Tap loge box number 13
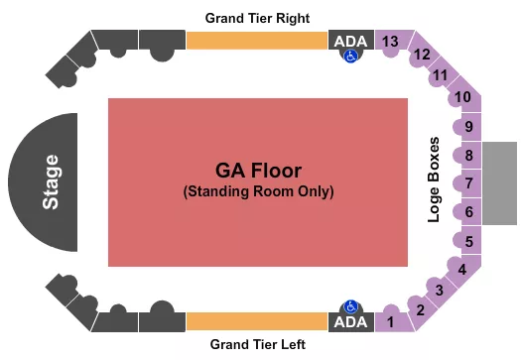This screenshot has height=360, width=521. [x=391, y=41]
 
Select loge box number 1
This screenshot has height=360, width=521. [x=391, y=321]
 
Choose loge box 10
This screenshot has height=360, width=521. [x=462, y=97]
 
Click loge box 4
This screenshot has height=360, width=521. [x=460, y=268]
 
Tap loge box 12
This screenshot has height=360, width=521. [x=422, y=55]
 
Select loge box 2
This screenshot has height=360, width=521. [x=420, y=310]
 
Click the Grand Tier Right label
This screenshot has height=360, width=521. [x=257, y=19]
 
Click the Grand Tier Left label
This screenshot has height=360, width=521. [x=257, y=344]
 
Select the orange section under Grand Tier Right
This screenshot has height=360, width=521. [x=256, y=40]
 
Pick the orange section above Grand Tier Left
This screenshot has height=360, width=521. [x=256, y=321]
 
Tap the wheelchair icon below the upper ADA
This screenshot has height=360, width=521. [x=349, y=57]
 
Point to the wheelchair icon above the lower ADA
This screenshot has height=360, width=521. [x=349, y=306]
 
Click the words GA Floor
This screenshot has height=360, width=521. [x=257, y=170]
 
